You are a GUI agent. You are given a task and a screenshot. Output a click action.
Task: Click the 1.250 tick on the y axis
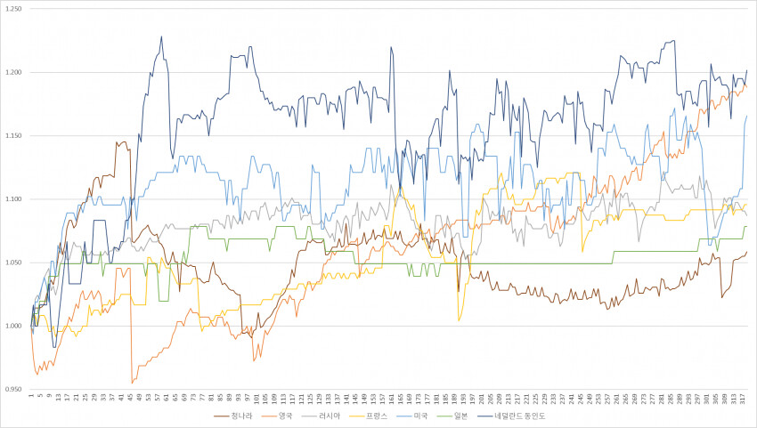click(x=13, y=9)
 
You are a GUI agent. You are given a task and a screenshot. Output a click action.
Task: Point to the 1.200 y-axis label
click(x=13, y=72)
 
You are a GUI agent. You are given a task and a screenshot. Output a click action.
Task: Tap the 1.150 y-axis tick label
click(x=13, y=136)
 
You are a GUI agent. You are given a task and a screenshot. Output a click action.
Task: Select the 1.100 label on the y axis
click(x=13, y=199)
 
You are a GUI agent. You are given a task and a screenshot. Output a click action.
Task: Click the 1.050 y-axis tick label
click(x=13, y=263)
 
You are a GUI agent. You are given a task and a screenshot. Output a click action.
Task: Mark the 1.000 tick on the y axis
click(x=13, y=327)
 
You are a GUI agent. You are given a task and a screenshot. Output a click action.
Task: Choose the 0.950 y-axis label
click(x=13, y=390)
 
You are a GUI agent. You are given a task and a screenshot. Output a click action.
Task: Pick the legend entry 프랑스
click(x=378, y=415)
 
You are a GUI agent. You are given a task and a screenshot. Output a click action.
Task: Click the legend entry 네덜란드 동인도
click(x=521, y=415)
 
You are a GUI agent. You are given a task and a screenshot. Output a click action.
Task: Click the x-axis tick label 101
click(x=256, y=399)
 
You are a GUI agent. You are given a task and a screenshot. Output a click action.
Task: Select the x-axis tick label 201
click(x=482, y=399)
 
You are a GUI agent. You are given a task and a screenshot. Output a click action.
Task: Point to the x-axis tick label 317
click(x=744, y=399)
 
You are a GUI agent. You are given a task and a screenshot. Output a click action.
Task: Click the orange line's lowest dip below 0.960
click(x=133, y=383)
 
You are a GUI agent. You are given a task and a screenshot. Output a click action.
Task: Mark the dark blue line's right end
click(x=746, y=70)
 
